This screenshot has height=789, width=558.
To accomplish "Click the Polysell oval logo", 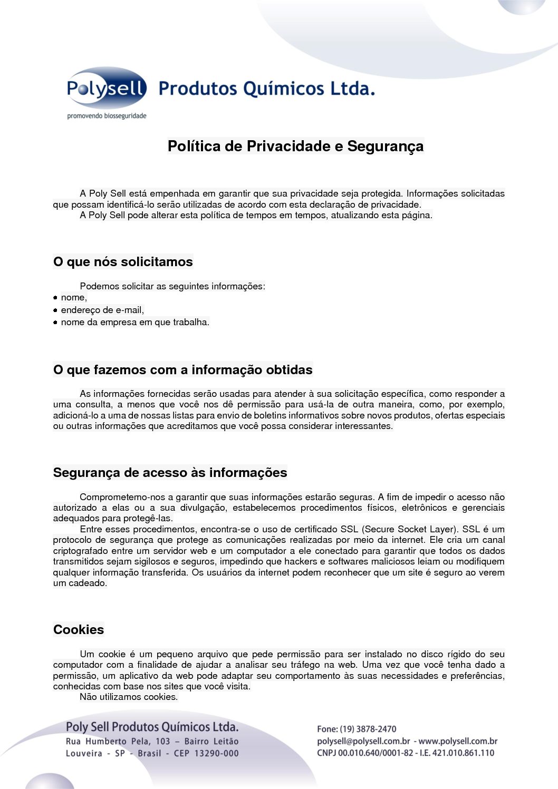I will (x=106, y=88).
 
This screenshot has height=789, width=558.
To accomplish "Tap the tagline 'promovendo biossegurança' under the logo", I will (x=107, y=116).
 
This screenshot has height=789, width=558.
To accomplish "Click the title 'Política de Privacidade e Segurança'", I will (x=295, y=146).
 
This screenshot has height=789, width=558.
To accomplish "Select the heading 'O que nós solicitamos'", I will (x=123, y=262).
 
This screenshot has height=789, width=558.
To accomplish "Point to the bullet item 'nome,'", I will (x=74, y=298).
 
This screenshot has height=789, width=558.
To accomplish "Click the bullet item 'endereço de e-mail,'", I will (x=102, y=310).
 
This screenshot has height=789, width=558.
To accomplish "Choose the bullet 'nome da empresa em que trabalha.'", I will (x=135, y=322).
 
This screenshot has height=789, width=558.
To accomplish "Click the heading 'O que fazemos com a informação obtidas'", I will (x=182, y=370).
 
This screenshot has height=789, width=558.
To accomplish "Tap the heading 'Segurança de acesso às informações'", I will (x=170, y=473).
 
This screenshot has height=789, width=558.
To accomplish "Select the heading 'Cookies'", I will (x=79, y=630).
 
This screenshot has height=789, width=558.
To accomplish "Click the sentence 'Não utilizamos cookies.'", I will (x=129, y=697).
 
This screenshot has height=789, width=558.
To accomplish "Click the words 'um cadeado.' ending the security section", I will (x=80, y=583).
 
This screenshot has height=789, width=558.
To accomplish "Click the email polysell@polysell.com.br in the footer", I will (x=363, y=741).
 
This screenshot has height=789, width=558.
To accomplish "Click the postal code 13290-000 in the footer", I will (x=217, y=753).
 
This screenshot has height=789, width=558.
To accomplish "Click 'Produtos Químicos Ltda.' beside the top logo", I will (x=267, y=89).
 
